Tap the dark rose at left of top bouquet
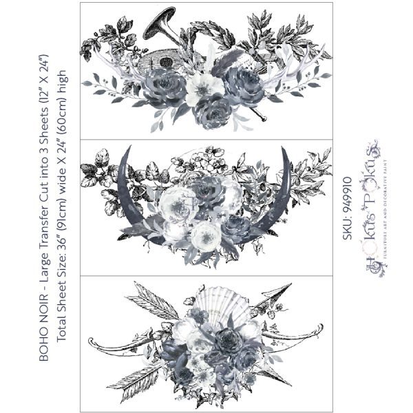pyautogui.click(x=165, y=88)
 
